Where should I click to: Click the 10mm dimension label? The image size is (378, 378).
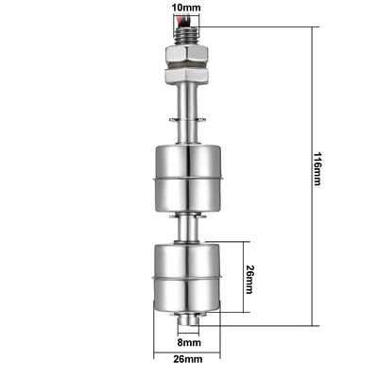tap(186, 8)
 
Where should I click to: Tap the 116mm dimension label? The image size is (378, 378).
tap(317, 169)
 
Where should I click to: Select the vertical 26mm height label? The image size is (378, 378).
tap(249, 280)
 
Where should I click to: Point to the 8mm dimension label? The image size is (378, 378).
tap(189, 342)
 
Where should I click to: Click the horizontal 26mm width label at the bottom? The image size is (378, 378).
tap(188, 359)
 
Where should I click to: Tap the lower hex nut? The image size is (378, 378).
tap(186, 76)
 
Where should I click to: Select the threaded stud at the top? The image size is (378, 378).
tap(186, 36)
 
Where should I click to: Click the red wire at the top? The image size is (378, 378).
tap(178, 22)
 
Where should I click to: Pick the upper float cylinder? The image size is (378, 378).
tap(188, 178)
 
